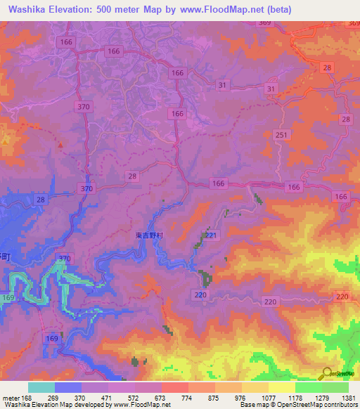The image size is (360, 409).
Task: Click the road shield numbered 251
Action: tap(281, 134)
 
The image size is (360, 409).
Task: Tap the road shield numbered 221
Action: tap(210, 235)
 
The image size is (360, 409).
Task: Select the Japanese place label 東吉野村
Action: tap(149, 236)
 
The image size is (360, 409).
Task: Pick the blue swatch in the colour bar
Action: tap(67, 387)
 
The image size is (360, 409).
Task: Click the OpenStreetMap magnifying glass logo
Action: tap(326, 374)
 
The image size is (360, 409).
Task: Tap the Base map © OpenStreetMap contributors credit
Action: tap(297, 405)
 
